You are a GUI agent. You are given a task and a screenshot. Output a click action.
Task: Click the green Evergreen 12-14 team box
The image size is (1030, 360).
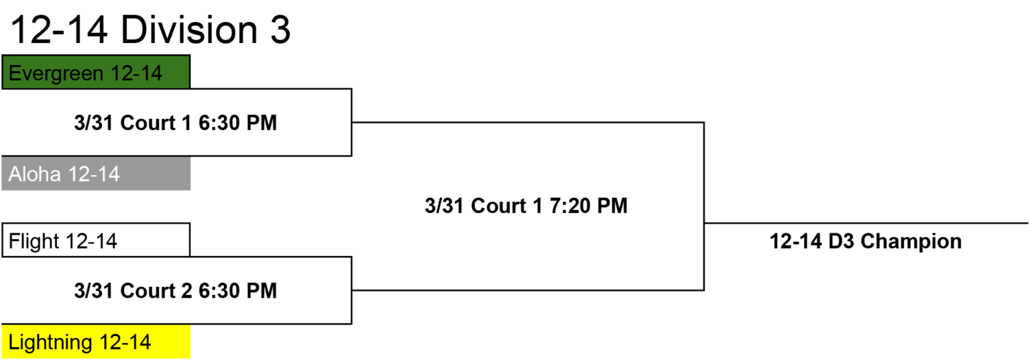[x=96, y=72]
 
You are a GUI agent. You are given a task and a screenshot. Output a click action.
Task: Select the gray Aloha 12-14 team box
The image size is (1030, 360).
[x=96, y=174]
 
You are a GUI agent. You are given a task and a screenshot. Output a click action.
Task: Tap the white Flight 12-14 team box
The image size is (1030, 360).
[x=96, y=240]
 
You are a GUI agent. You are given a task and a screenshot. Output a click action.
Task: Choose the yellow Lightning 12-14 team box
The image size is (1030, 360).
[x=96, y=342]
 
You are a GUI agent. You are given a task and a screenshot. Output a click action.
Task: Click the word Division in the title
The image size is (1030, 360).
[x=189, y=30]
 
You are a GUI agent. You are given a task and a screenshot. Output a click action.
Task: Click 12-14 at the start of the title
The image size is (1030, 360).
[x=59, y=30]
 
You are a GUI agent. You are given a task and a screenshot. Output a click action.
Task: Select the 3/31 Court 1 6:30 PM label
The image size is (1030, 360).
[x=176, y=123]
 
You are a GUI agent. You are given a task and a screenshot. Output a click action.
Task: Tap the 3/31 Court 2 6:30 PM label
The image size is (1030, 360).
[x=176, y=291]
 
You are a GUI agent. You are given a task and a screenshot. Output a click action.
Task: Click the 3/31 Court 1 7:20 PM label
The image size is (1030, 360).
[x=526, y=206]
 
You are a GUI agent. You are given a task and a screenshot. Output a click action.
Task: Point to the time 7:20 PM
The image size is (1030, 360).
[x=589, y=206]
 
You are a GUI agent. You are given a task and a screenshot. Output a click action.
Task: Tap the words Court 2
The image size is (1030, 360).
[x=156, y=291]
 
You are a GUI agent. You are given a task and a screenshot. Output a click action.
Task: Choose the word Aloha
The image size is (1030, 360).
[x=34, y=174]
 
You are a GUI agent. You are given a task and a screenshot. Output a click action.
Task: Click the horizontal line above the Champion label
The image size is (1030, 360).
[x=867, y=223]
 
